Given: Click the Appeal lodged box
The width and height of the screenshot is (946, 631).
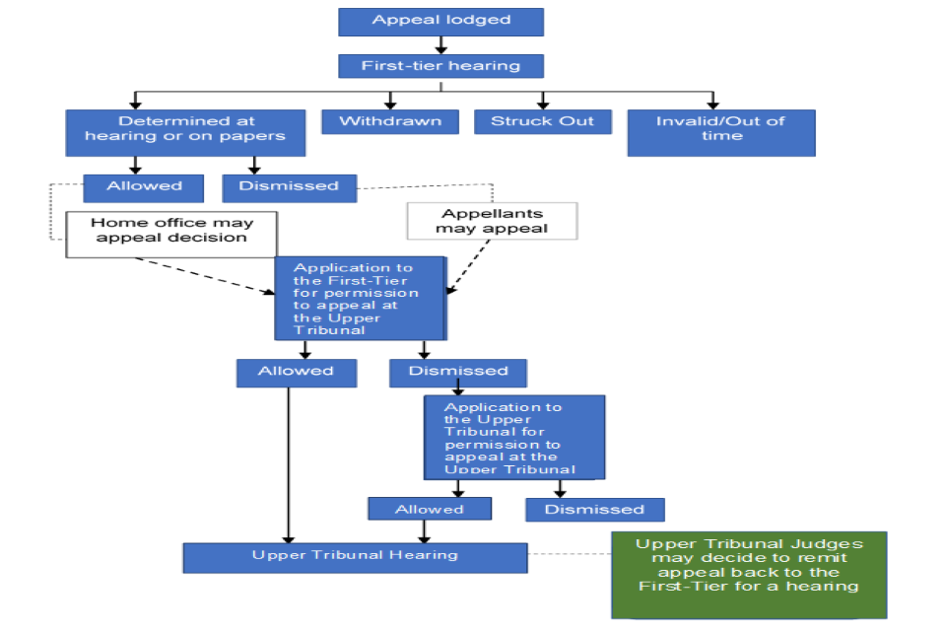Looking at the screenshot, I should (440, 21).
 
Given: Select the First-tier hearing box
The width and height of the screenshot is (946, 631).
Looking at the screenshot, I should (440, 66).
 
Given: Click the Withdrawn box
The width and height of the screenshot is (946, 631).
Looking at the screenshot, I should (390, 121).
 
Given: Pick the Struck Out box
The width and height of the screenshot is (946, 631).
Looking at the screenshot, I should (543, 121).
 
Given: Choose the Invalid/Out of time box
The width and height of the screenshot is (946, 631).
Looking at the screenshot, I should (720, 131).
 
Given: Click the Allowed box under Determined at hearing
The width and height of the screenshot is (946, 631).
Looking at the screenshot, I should (143, 186).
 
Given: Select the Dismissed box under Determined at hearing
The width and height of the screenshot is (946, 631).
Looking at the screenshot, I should (289, 186).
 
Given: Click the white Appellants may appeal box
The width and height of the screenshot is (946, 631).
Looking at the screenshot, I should (492, 222).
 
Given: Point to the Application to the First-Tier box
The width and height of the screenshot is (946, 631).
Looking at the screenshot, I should (360, 299).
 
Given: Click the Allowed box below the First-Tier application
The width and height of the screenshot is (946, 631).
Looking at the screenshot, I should (296, 372).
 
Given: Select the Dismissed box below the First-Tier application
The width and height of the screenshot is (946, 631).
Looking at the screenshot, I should (458, 372).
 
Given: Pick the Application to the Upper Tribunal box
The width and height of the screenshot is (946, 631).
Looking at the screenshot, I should (514, 437).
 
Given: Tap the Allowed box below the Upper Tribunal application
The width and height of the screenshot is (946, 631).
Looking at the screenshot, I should (429, 509).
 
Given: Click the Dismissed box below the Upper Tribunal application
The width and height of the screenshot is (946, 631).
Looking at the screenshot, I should (594, 509).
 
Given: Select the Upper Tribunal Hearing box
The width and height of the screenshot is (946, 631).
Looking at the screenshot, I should (355, 556).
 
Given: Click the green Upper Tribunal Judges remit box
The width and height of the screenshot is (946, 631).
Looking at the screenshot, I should (748, 574).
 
